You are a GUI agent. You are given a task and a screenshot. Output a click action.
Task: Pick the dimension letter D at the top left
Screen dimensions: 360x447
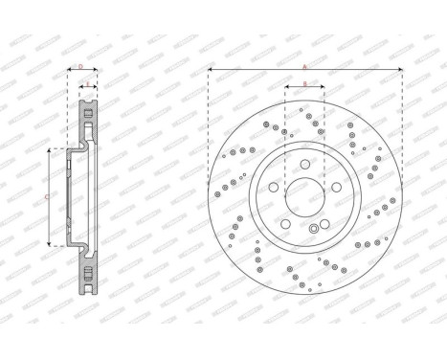(x=81, y=67)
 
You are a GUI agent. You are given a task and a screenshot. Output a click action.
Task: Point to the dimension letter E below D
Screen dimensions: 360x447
(x=87, y=84)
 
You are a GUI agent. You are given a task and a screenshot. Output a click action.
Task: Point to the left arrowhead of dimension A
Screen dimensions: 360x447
(x=210, y=72)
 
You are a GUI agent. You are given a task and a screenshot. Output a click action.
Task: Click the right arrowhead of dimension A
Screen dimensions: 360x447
(x=399, y=72)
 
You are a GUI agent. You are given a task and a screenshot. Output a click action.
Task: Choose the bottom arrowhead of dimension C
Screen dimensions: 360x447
(x=48, y=238)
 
